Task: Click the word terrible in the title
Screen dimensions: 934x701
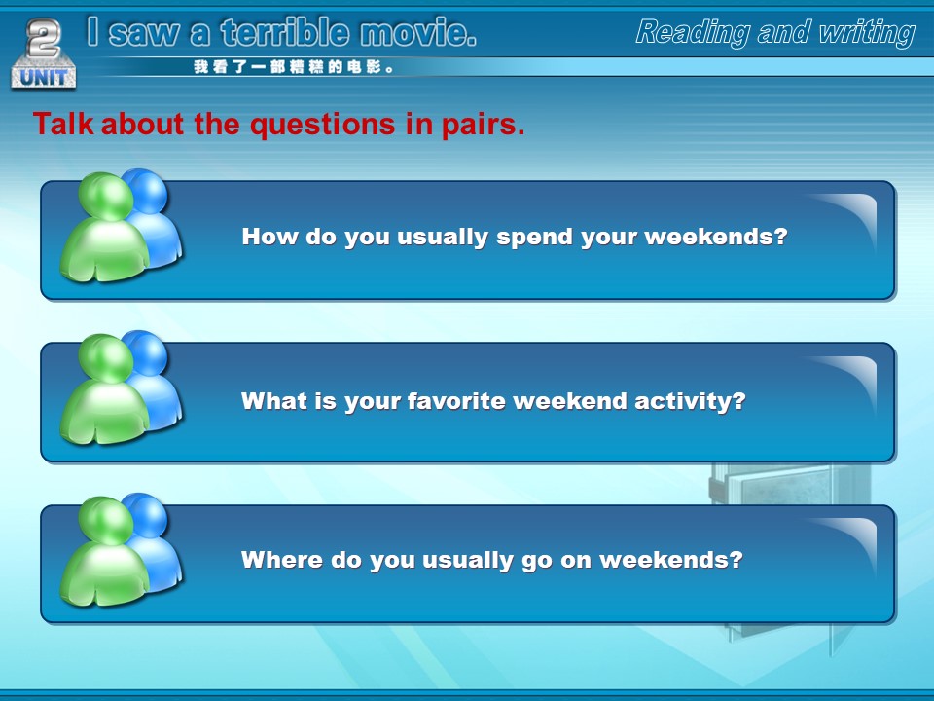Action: coord(285,32)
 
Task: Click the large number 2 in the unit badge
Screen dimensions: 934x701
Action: coord(44,38)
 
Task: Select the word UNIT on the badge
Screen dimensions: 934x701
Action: coord(44,77)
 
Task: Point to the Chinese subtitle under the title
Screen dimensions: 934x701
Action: coord(294,67)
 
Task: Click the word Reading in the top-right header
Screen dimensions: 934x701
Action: coord(692,32)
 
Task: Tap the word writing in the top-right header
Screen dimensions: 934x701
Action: coord(867,33)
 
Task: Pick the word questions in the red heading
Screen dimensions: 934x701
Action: coord(322,125)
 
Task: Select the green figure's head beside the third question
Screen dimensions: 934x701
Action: coord(105,520)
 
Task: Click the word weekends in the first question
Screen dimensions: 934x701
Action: coord(716,237)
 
